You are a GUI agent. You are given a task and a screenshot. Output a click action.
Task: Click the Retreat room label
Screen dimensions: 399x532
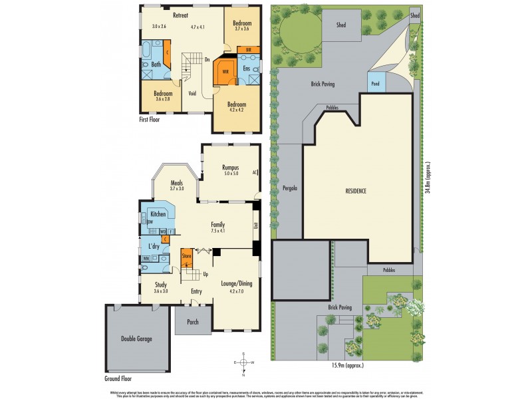[179, 15]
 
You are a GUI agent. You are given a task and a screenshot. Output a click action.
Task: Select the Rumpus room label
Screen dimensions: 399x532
[231, 168]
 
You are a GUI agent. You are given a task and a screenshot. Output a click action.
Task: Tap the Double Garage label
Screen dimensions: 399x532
[136, 339]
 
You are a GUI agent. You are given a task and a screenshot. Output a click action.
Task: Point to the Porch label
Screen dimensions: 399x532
[193, 322]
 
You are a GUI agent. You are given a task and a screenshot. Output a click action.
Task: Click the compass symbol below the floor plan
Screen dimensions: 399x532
[244, 362]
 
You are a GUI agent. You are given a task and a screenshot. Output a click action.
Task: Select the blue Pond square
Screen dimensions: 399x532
[374, 84]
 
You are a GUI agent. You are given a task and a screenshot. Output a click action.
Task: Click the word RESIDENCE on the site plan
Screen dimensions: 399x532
[356, 191]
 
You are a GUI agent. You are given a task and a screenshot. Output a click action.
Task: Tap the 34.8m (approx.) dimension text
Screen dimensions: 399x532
[427, 178]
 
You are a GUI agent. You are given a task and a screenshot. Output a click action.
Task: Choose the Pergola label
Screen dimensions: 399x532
[289, 188]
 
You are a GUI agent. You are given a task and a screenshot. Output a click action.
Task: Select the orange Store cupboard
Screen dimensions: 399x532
[187, 255]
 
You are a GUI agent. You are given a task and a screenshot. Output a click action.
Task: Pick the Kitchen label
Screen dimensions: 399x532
[158, 214]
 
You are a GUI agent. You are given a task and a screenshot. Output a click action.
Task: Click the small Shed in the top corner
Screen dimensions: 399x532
[415, 15]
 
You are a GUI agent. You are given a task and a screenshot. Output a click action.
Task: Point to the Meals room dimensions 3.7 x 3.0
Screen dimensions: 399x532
[176, 190]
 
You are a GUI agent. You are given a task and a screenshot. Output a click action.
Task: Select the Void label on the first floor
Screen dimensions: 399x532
[192, 93]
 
